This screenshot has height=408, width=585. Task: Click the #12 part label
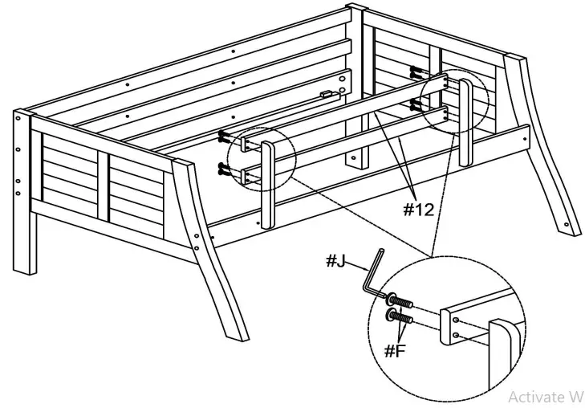pyautogui.click(x=419, y=210)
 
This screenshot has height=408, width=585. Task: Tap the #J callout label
pyautogui.click(x=335, y=260)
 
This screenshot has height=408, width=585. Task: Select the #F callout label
pyautogui.click(x=395, y=351)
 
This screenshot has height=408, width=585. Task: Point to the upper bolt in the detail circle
pyautogui.click(x=400, y=300)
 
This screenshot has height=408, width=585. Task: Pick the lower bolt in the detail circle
pyautogui.click(x=400, y=316)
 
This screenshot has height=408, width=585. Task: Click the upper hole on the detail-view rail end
pyautogui.click(x=456, y=320)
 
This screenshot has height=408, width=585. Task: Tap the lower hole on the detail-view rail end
pyautogui.click(x=456, y=335)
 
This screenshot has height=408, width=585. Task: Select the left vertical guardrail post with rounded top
pyautogui.click(x=268, y=185)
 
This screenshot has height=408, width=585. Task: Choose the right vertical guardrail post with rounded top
pyautogui.click(x=465, y=122)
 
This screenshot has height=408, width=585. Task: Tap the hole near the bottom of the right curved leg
pyautogui.click(x=567, y=225)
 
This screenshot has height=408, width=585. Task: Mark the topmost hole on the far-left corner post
pyautogui.click(x=18, y=118)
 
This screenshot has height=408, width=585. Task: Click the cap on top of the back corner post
pyautogui.click(x=356, y=7)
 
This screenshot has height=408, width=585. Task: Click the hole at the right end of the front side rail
pyautogui.click(x=525, y=139)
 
